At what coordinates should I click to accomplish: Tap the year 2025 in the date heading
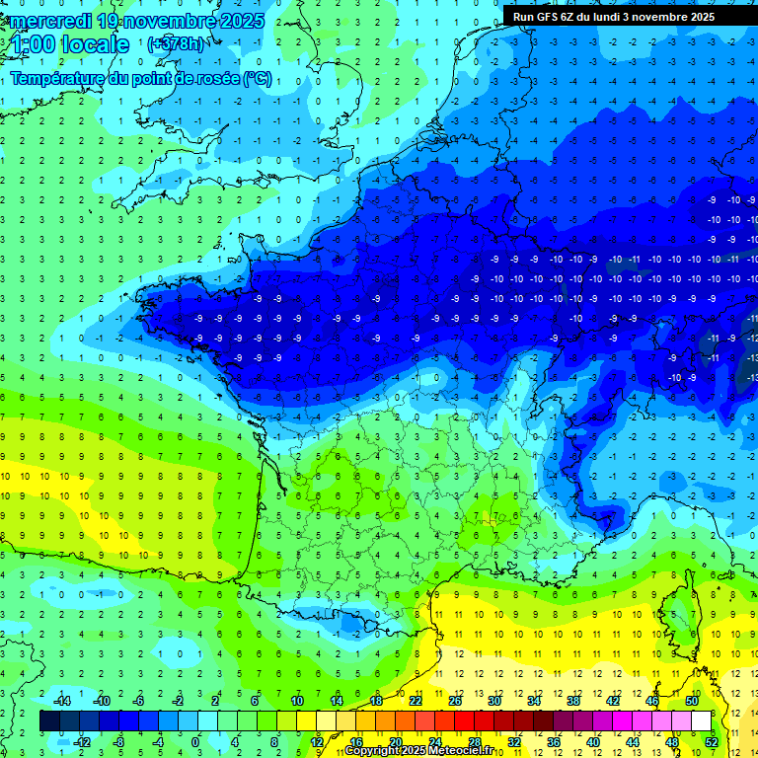[x=241, y=21]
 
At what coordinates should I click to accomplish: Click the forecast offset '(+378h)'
[x=176, y=44]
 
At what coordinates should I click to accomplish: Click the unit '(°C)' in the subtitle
[x=257, y=79]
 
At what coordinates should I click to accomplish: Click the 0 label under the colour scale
[x=194, y=741]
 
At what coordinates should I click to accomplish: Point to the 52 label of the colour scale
[x=712, y=741]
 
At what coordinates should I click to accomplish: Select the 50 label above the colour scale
[x=691, y=701]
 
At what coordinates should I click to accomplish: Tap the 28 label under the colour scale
[x=474, y=741]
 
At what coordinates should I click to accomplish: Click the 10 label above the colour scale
[x=296, y=701]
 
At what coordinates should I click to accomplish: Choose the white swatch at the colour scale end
[x=701, y=720]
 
